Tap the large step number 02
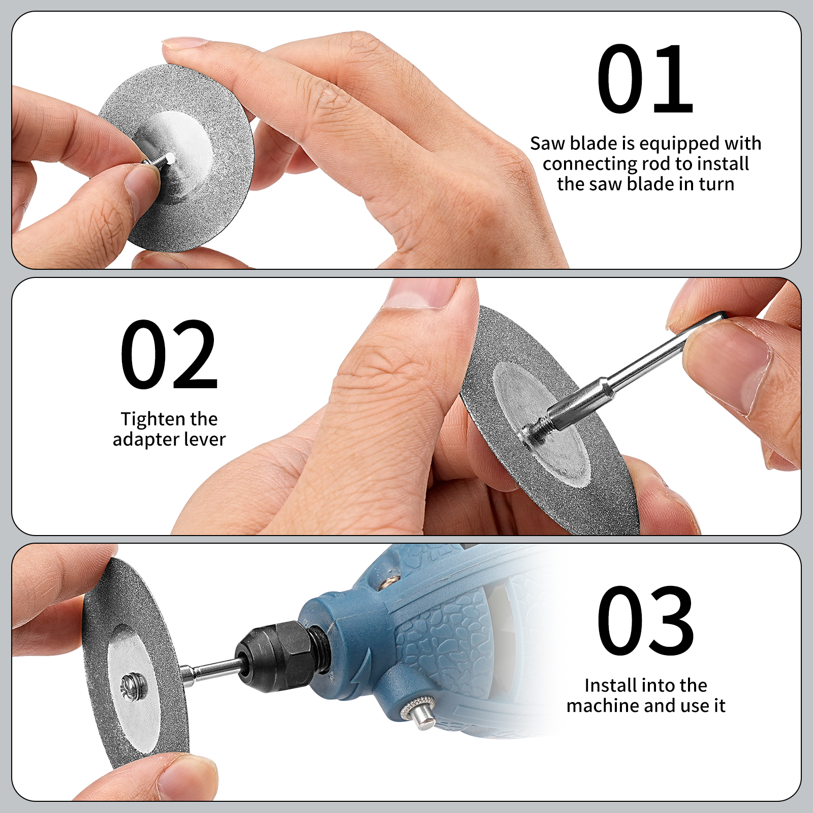pos(169,355)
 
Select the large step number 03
pos(645,620)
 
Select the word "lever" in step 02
pos(205,439)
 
